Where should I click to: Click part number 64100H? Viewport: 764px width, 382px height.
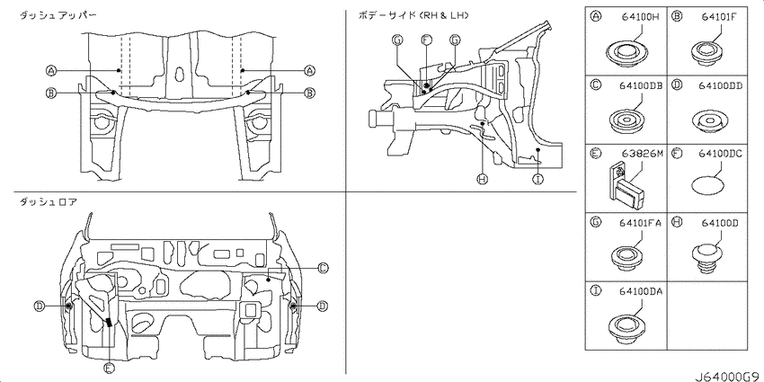(x=640, y=17)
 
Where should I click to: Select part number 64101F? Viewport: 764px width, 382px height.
(x=718, y=17)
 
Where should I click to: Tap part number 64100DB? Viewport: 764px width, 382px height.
(x=641, y=85)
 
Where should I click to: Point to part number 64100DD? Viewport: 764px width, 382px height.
(x=720, y=85)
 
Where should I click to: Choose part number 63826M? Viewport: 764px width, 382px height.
(x=643, y=154)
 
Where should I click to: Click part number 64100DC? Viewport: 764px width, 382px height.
(x=720, y=154)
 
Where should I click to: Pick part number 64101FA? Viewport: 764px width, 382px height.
(x=640, y=223)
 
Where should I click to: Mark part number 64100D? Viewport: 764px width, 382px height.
(x=720, y=223)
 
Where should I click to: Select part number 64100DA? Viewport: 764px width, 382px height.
(x=641, y=291)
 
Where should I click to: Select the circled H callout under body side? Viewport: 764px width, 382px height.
(x=483, y=180)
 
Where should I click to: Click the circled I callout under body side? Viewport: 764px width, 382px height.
(x=537, y=180)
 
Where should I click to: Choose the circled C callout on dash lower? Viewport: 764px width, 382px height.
(x=323, y=268)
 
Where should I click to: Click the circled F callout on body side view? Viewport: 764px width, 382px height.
(x=426, y=40)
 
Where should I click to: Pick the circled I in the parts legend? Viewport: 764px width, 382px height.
(x=595, y=291)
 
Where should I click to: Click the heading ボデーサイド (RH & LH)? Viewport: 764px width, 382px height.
(x=413, y=15)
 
